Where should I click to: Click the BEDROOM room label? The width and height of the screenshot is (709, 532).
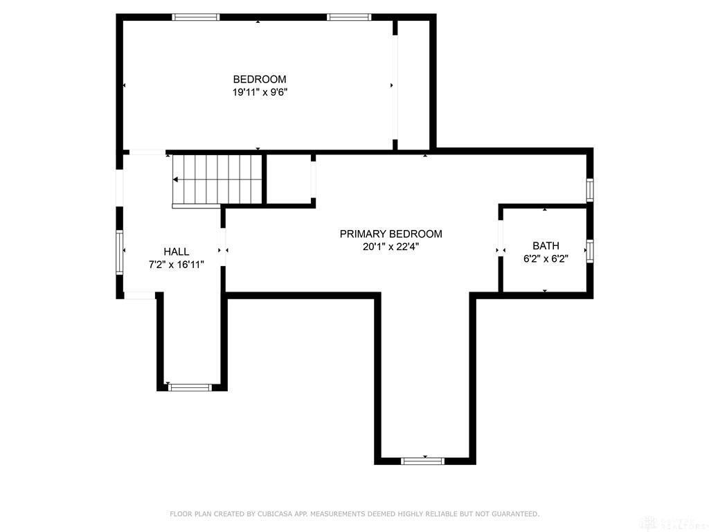click(259, 79)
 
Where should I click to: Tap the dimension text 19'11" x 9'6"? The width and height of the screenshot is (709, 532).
click(259, 91)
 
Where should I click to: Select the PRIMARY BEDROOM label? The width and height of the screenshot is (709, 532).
click(391, 233)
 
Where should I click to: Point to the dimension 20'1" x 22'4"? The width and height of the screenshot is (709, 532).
click(391, 246)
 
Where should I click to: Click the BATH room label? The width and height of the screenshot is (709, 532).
click(546, 246)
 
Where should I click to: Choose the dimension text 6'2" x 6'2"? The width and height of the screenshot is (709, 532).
click(546, 258)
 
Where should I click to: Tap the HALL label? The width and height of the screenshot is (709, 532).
click(176, 251)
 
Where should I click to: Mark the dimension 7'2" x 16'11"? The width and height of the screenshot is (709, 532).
click(176, 264)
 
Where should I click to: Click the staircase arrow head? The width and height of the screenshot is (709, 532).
click(176, 179)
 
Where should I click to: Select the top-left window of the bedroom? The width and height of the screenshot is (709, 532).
click(196, 17)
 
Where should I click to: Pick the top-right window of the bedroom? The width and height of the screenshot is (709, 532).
click(349, 17)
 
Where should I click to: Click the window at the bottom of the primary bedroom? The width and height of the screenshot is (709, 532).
click(423, 460)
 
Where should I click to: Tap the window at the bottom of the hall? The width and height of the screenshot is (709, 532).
click(190, 387)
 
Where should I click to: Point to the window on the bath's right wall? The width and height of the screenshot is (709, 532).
click(590, 250)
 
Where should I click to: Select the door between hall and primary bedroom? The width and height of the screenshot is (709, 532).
click(223, 250)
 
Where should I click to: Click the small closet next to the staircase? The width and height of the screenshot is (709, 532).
click(289, 179)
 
